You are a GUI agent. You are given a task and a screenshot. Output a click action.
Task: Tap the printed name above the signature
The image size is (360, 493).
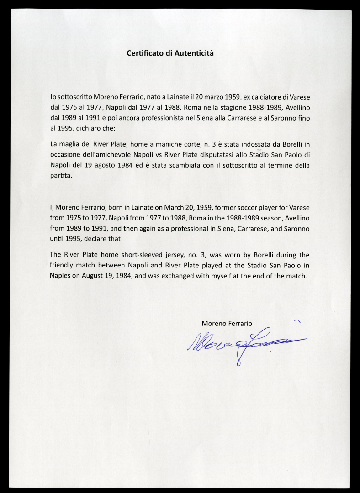pyautogui.click(x=227, y=323)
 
